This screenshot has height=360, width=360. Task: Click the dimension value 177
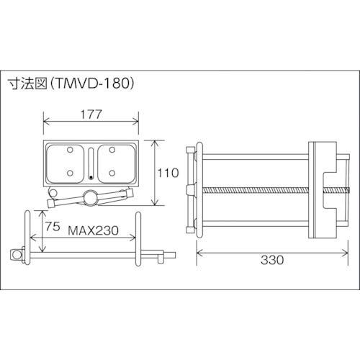tap(91, 114)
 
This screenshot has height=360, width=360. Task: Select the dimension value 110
tap(168, 173)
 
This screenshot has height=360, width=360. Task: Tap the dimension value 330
tap(272, 260)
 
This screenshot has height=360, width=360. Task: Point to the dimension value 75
tap(53, 226)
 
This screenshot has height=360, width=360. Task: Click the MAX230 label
tap(94, 230)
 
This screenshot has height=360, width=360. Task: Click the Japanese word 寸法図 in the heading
tap(28, 84)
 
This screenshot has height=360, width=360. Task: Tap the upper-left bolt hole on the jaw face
tap(70, 150)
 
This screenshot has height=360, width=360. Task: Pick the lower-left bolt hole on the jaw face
tap(70, 173)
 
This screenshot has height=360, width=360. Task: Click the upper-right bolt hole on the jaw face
tap(112, 150)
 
